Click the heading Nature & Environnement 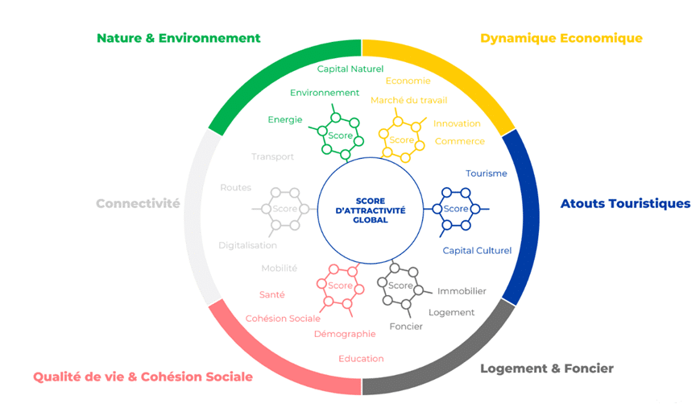[178, 38]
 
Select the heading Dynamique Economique [561, 38]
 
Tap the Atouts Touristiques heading [625, 203]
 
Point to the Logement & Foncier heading [546, 369]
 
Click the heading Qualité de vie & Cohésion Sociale [143, 377]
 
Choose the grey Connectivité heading [138, 203]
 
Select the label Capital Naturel [350, 69]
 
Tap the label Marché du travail [408, 100]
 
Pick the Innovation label [457, 123]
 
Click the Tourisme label [487, 173]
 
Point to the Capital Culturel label [477, 250]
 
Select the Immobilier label [462, 291]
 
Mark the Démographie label [345, 334]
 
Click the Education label [361, 359]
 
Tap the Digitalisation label [247, 245]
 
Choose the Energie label [285, 120]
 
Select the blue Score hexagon [455, 209]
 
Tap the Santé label [271, 294]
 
